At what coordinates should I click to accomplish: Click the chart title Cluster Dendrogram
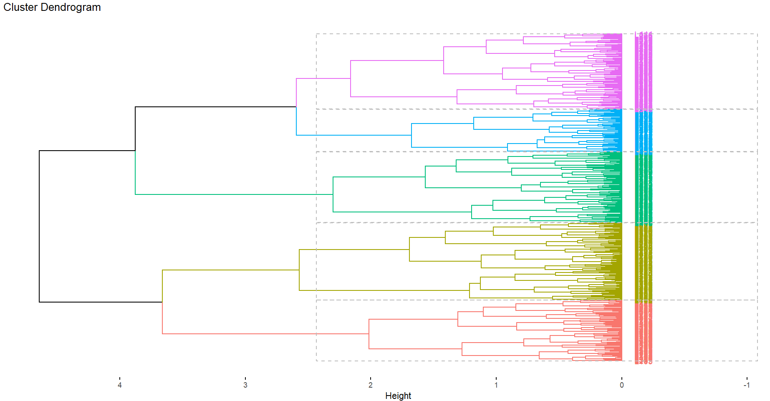52,8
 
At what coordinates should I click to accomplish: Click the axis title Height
398,396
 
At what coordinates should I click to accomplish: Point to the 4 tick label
120,385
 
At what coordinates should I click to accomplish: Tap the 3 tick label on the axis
245,385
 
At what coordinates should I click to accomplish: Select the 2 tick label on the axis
371,385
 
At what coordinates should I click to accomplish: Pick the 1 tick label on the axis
496,385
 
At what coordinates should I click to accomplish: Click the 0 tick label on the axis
621,385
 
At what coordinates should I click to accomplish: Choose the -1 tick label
746,385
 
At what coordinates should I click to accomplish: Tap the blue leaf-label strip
643,132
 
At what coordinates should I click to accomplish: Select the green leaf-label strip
643,188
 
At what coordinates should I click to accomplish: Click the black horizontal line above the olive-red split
101,302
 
